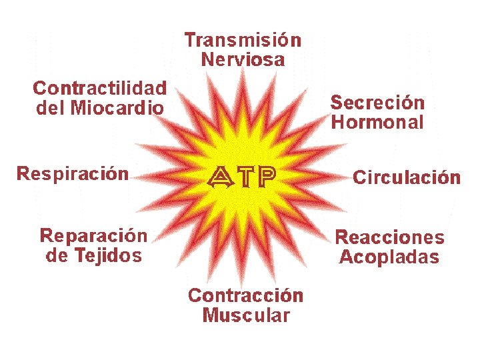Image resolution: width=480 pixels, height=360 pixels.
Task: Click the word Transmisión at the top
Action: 243,40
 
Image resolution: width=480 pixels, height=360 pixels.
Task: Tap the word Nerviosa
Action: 243,59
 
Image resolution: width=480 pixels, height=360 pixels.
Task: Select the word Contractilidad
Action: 100,88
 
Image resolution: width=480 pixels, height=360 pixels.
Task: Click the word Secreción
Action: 377,103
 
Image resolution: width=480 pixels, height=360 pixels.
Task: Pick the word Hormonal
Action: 377,122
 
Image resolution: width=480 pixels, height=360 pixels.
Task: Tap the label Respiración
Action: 73,174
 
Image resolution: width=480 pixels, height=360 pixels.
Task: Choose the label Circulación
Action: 407,177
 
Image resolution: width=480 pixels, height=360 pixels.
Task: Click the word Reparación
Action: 94,235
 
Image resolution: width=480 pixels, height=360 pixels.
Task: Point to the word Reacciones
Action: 389,237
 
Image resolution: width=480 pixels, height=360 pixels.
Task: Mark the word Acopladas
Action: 389,257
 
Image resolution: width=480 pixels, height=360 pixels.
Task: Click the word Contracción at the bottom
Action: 245,295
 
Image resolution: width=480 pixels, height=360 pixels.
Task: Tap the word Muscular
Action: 246,315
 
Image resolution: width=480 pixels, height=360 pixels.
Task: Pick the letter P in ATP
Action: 266,176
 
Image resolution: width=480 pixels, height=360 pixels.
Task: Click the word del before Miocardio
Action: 50,107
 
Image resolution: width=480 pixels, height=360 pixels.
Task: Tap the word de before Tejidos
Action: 55,255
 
